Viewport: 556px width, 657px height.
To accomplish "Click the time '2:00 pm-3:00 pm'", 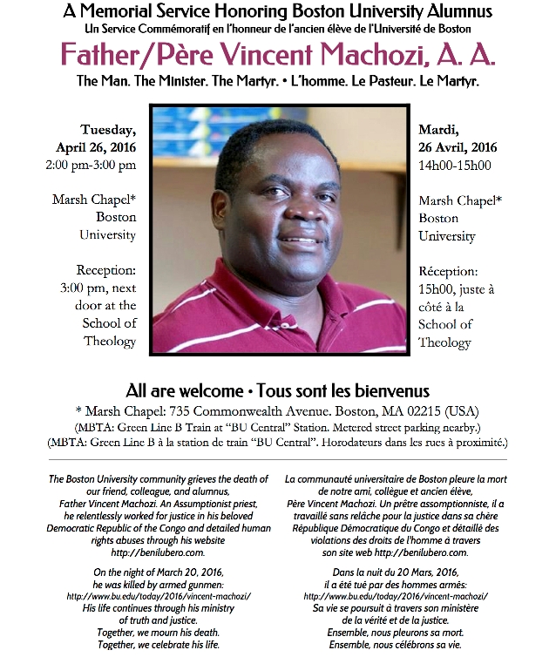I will point(96,164).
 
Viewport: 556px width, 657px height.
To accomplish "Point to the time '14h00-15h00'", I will point(455,165).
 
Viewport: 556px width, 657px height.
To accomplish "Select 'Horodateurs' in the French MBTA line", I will point(365,443).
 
